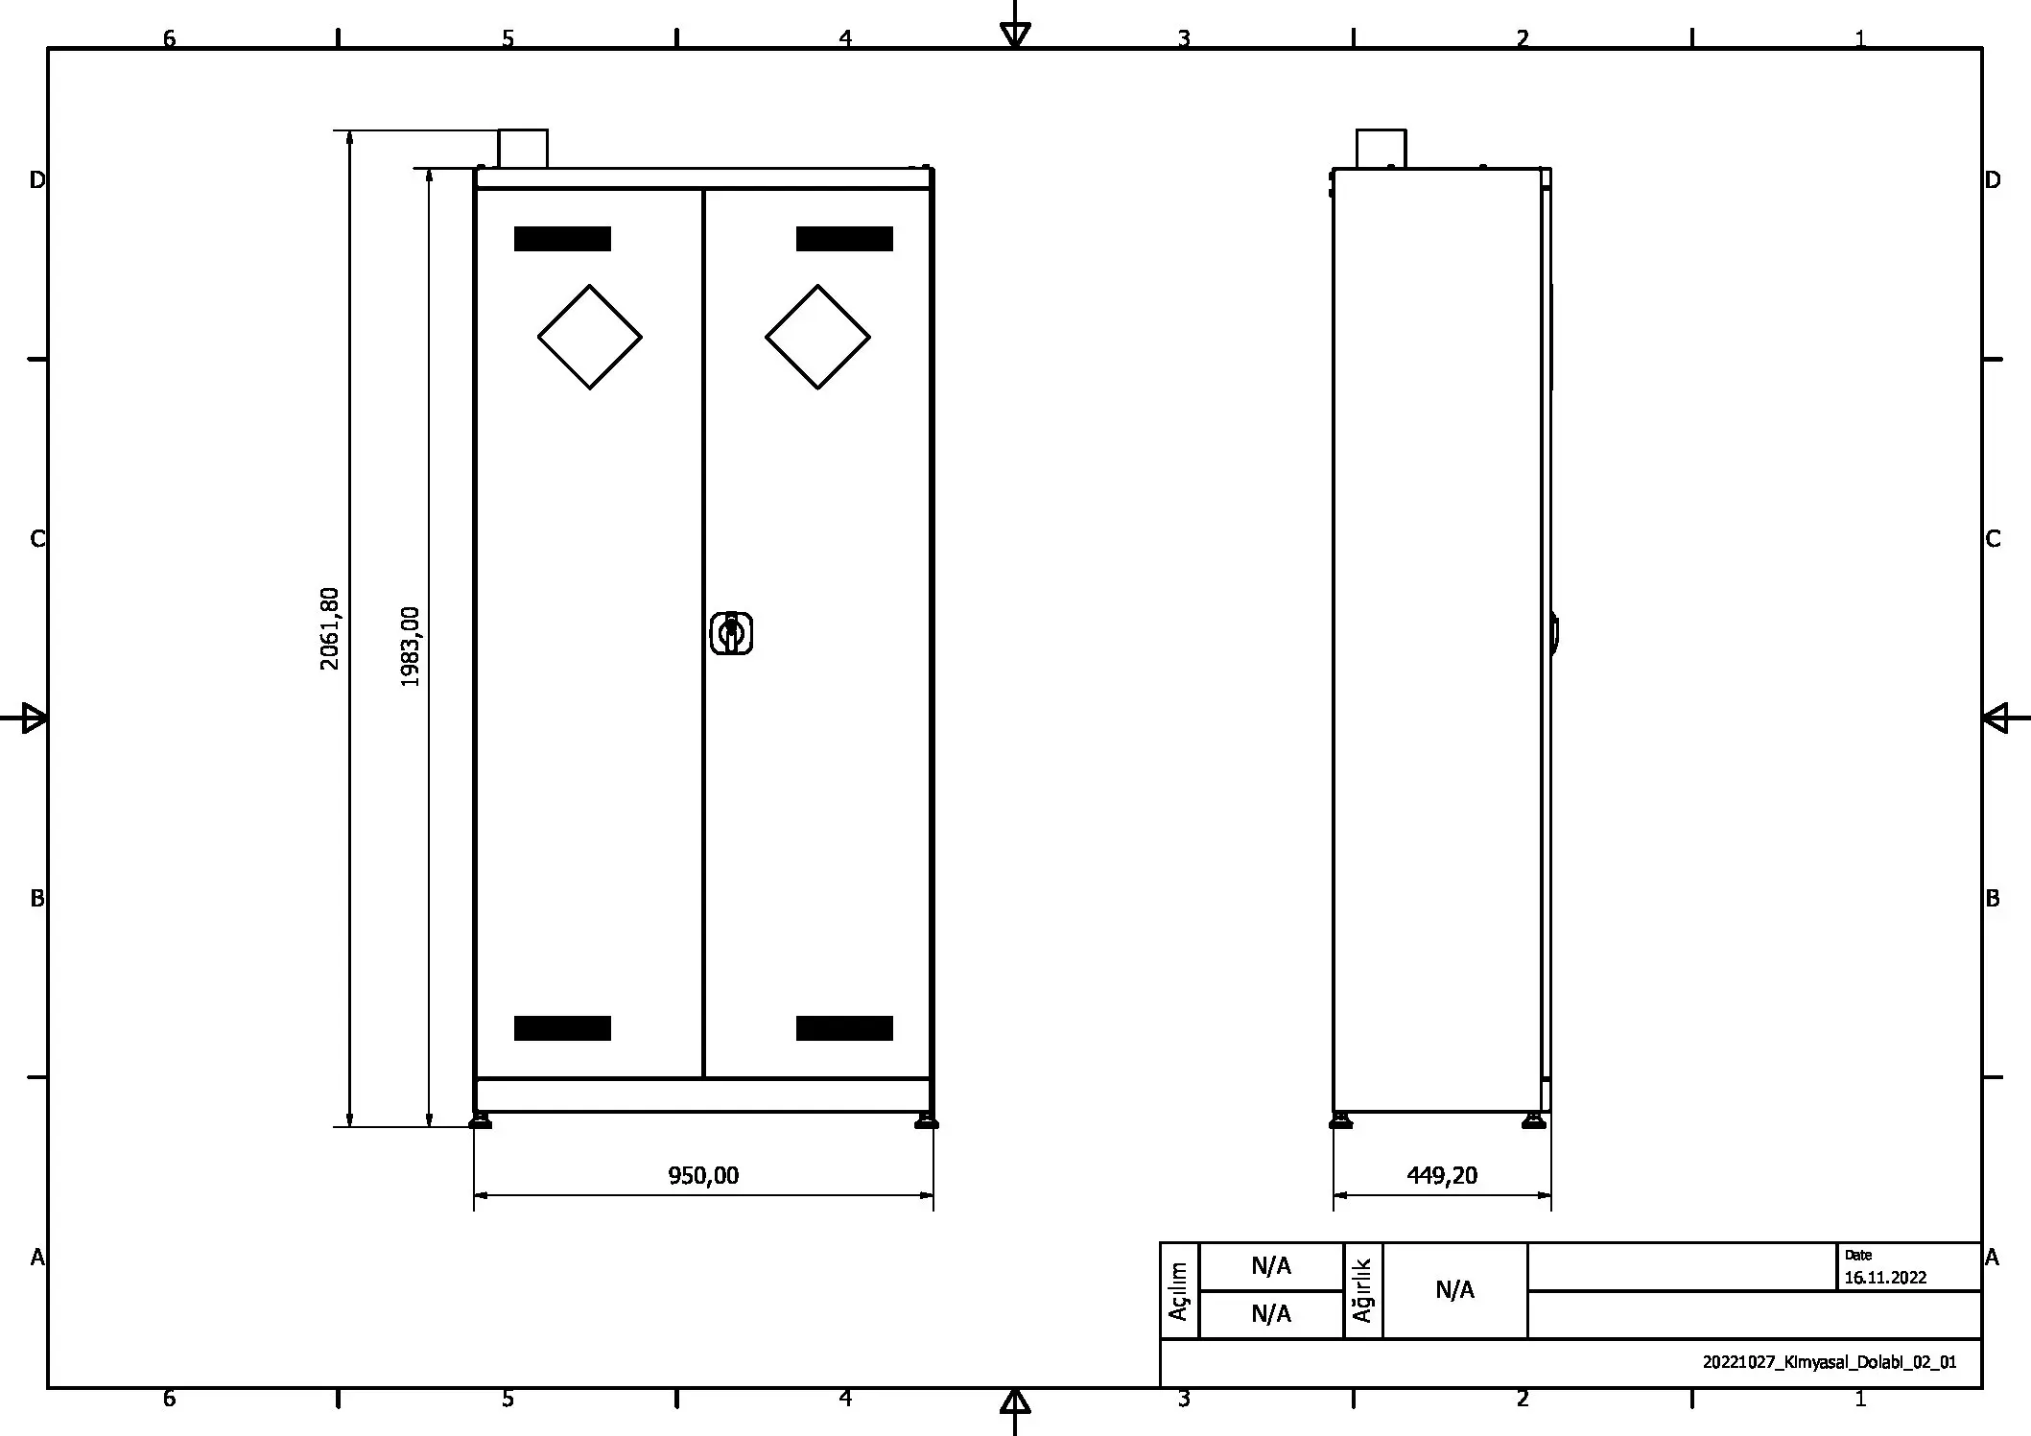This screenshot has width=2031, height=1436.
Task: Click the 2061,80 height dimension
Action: [x=329, y=628]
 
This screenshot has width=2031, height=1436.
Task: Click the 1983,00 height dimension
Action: [x=410, y=647]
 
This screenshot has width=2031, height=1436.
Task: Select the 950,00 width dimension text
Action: [x=703, y=1175]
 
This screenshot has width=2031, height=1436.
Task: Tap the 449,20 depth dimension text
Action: [x=1442, y=1175]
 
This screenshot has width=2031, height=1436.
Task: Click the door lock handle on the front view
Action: [x=731, y=633]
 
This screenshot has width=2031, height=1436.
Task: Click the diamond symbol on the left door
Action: [x=589, y=337]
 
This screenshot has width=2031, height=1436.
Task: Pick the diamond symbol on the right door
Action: [x=817, y=337]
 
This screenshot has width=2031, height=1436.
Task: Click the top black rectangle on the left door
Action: [x=562, y=239]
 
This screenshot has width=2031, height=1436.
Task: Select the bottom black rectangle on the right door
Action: [x=844, y=1027]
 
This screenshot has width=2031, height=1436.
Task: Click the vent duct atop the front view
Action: [x=523, y=149]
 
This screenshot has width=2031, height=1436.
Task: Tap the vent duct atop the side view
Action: [x=1381, y=149]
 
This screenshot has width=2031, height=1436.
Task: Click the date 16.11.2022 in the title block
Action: [x=1884, y=1278]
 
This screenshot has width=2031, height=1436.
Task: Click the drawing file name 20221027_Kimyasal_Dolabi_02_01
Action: [x=1829, y=1362]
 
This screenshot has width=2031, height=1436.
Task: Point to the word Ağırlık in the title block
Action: [x=1362, y=1290]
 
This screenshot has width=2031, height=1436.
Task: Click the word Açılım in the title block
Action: [x=1179, y=1290]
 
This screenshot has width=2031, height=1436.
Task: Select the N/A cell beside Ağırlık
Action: [x=1454, y=1290]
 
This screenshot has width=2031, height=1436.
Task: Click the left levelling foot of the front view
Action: [x=481, y=1120]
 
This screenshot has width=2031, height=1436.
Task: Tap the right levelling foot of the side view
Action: [x=1534, y=1120]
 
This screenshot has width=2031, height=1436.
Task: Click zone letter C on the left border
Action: [x=37, y=539]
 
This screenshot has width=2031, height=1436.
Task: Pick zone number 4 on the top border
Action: [x=845, y=38]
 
